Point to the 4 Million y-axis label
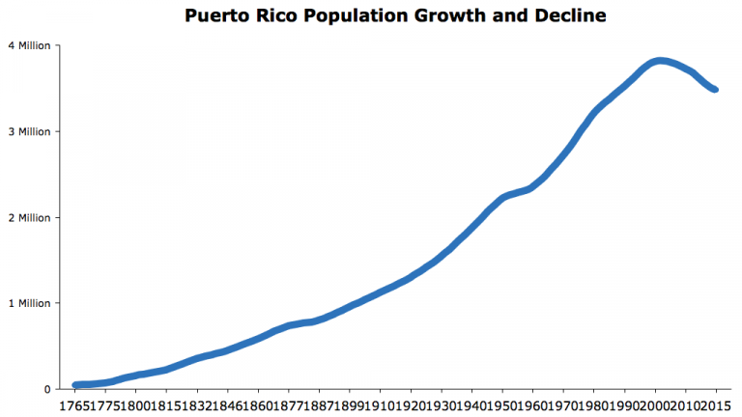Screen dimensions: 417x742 click(x=29, y=45)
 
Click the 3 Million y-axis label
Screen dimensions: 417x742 click(x=29, y=131)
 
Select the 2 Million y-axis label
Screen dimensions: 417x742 click(x=29, y=217)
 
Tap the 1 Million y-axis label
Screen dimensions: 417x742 click(x=29, y=303)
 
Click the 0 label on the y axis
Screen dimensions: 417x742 click(x=46, y=389)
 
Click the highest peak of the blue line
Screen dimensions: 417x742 click(x=658, y=61)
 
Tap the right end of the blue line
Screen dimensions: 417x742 click(x=714, y=89)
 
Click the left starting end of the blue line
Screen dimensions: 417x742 click(x=75, y=385)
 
